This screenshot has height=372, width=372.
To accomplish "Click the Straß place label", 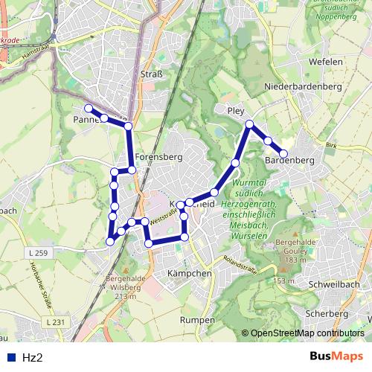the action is tap(152, 74).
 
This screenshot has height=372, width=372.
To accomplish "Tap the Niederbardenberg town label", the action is tap(303, 87).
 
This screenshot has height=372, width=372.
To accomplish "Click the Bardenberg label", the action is tap(289, 161).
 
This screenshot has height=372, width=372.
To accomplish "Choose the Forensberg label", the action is tap(158, 158).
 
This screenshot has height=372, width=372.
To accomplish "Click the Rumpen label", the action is tap(196, 319).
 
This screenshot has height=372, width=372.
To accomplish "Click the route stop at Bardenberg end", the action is tap(283, 154).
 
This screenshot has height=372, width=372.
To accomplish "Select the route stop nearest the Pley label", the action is tap(249, 124).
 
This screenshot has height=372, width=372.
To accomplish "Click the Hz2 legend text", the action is tap(33, 357).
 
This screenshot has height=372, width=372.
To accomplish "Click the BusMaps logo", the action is tap(336, 356).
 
